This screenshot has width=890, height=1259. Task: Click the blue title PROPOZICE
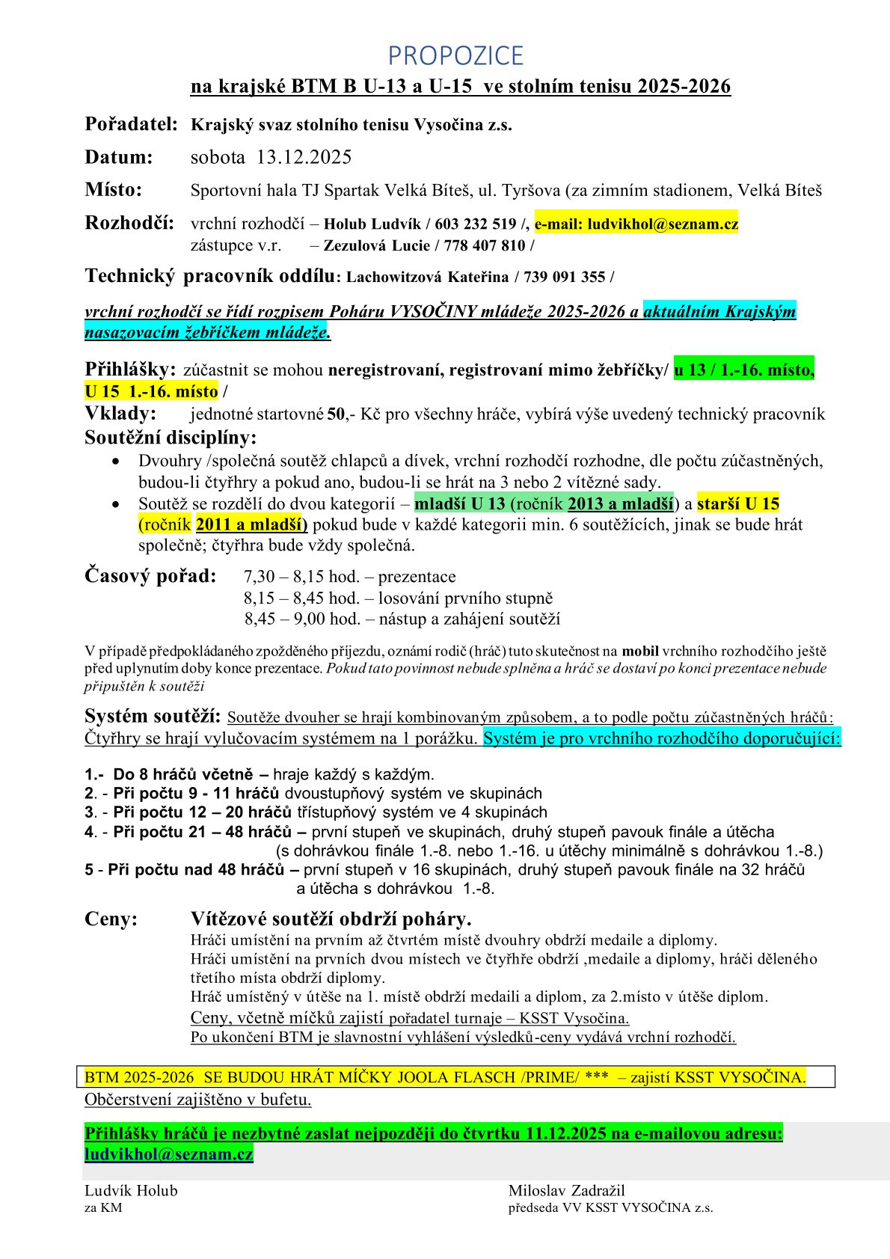click(455, 55)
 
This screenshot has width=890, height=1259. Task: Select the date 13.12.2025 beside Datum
click(304, 157)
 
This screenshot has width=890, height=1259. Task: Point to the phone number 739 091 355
click(565, 277)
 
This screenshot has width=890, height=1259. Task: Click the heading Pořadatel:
click(132, 124)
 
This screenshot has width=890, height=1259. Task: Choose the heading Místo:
click(114, 190)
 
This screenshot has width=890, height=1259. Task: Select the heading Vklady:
click(120, 414)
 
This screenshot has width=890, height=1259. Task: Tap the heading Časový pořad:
click(150, 576)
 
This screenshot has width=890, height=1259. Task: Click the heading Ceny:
click(111, 919)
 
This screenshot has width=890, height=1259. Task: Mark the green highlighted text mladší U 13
click(459, 503)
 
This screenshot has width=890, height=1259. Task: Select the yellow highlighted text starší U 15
click(738, 503)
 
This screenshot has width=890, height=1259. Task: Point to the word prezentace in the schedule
click(417, 577)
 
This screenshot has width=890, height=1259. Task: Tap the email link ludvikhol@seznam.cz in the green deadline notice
click(168, 1154)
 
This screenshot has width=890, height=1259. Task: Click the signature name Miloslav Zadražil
click(566, 1190)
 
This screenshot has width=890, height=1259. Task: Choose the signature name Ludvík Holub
click(131, 1190)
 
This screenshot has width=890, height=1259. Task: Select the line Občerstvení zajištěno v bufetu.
click(197, 1099)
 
